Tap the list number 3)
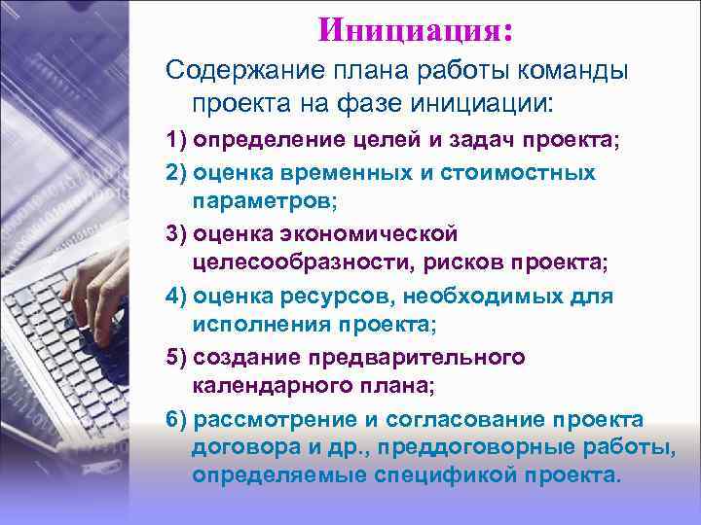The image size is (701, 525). tap(177, 234)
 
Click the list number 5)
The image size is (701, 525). tap(177, 357)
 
